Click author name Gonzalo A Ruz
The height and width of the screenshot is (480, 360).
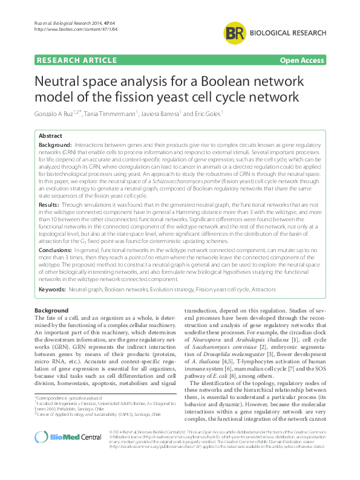coord(55,114)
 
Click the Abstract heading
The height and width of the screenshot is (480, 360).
coord(50,137)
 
